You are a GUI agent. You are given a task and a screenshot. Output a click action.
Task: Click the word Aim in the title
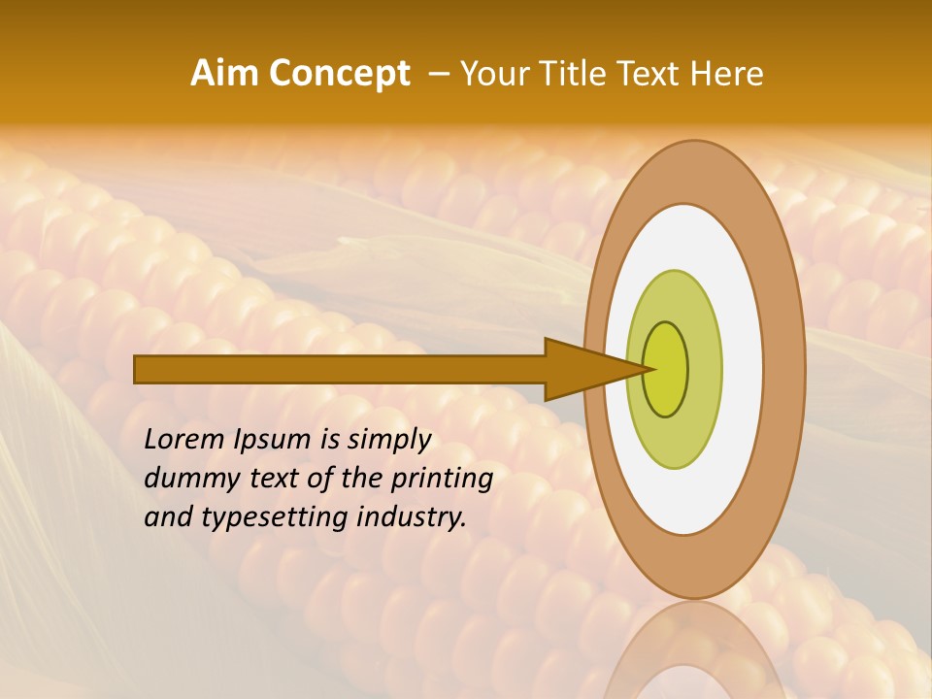(x=225, y=74)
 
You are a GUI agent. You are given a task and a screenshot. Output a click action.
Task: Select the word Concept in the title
(x=340, y=74)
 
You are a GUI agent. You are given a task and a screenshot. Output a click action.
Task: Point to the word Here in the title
(x=728, y=74)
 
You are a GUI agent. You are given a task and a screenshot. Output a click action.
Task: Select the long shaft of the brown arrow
(x=340, y=369)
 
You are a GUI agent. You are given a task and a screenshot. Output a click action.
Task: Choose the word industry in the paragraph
(x=412, y=517)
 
